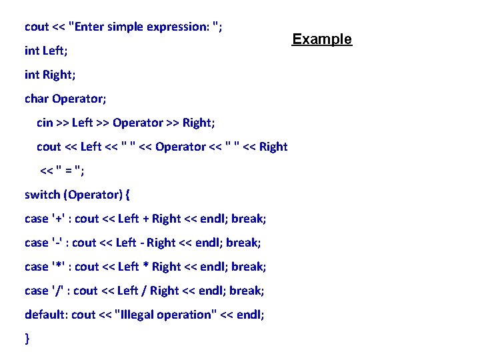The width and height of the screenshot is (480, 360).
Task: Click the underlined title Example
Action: pyautogui.click(x=322, y=39)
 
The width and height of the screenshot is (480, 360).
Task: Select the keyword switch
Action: pyautogui.click(x=42, y=195)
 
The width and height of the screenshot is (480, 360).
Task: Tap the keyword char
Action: pyautogui.click(x=37, y=99)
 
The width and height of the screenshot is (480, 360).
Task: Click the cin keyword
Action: pyautogui.click(x=45, y=123)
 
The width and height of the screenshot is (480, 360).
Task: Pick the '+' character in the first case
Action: pyautogui.click(x=58, y=219)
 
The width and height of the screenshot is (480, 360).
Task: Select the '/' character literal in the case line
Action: pyautogui.click(x=58, y=291)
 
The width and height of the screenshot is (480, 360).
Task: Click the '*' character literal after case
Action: pyautogui.click(x=58, y=267)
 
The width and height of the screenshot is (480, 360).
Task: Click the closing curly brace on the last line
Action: pyautogui.click(x=27, y=339)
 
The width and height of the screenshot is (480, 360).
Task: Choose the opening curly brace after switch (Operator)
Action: pyautogui.click(x=128, y=195)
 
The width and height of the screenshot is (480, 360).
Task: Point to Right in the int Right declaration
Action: pyautogui.click(x=57, y=75)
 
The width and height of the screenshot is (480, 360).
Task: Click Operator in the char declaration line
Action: pyautogui.click(x=79, y=99)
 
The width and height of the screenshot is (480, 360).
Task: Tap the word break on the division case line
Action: pyautogui.click(x=247, y=291)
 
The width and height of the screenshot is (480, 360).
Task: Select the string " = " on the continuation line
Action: pyautogui.click(x=70, y=171)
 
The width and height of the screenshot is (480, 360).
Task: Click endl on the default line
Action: pyautogui.click(x=248, y=315)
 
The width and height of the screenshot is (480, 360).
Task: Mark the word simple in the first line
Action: pyautogui.click(x=127, y=27)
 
